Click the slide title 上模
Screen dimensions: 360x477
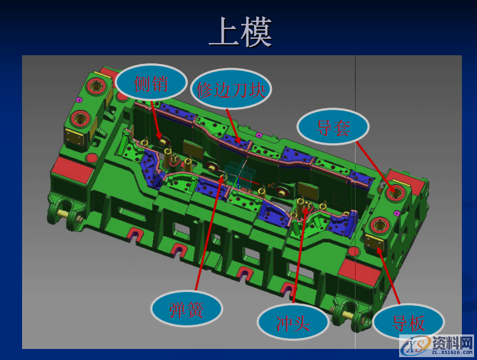click(240, 33)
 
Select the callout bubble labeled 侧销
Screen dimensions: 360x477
click(151, 84)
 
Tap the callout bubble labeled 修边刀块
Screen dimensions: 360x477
click(231, 90)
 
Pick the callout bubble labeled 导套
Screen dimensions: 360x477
click(333, 127)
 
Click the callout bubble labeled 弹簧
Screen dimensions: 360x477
click(187, 309)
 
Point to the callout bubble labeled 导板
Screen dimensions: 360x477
click(408, 322)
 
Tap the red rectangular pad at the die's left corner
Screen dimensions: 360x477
click(71, 170)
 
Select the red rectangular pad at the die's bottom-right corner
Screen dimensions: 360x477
click(360, 272)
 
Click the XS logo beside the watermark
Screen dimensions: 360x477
click(414, 347)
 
